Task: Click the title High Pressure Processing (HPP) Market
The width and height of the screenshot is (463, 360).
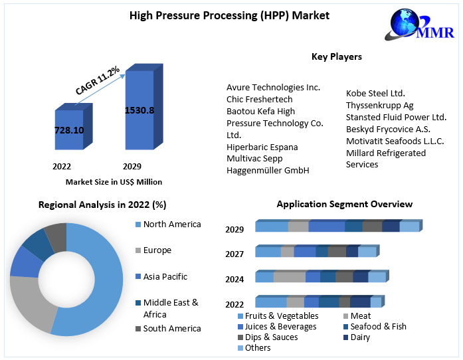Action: pyautogui.click(x=229, y=15)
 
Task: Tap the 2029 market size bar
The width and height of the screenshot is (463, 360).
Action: pyautogui.click(x=139, y=110)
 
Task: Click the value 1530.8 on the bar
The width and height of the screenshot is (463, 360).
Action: pyautogui.click(x=139, y=110)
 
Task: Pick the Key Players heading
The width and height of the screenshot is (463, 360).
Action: pyautogui.click(x=337, y=56)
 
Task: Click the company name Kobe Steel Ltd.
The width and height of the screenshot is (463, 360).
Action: pyautogui.click(x=375, y=94)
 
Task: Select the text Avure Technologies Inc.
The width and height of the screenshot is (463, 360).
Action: pyautogui.click(x=273, y=87)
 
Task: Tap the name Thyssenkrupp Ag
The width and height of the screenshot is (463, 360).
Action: pyautogui.click(x=379, y=106)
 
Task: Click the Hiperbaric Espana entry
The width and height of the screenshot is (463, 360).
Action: pyautogui.click(x=262, y=147)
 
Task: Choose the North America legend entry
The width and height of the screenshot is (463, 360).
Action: pyautogui.click(x=171, y=225)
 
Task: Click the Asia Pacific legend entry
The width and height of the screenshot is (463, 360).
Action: pyautogui.click(x=165, y=276)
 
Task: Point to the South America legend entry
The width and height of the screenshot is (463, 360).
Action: pyautogui.click(x=171, y=328)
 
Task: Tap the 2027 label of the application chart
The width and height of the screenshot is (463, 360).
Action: pyautogui.click(x=234, y=254)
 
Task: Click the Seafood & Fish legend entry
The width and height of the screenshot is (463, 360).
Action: pyautogui.click(x=378, y=327)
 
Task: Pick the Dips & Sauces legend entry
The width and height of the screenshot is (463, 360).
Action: pyautogui.click(x=271, y=337)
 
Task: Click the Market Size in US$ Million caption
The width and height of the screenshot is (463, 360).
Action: pyautogui.click(x=114, y=182)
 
